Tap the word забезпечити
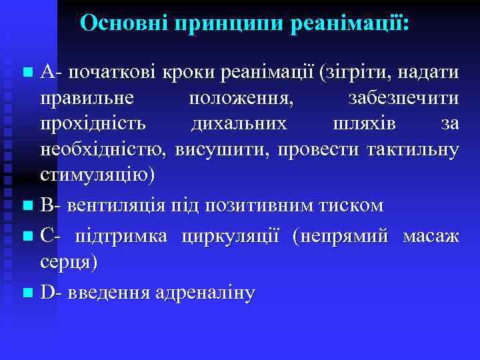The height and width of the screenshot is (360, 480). [x=403, y=99]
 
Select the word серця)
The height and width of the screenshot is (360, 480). [x=69, y=263]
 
